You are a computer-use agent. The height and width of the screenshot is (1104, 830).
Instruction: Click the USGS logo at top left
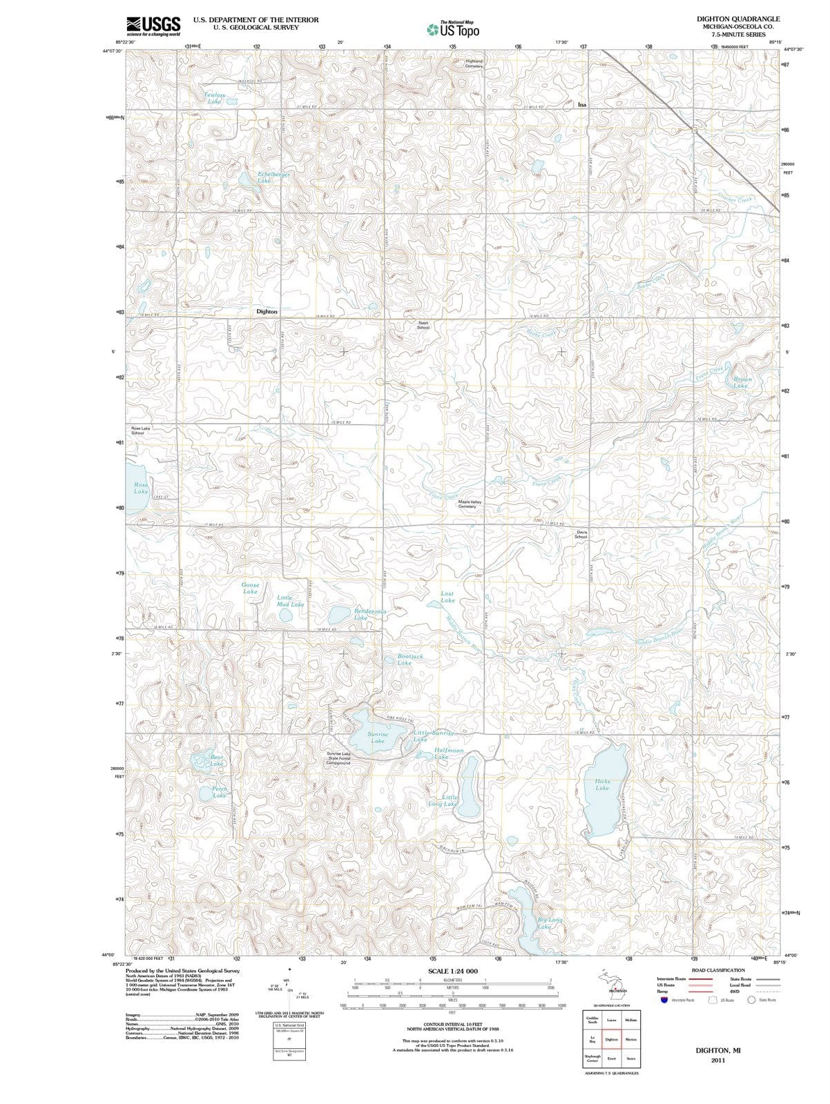point(153,26)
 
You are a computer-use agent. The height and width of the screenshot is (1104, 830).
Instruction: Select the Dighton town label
point(267,311)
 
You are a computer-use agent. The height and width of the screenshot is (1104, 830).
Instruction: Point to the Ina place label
point(581,105)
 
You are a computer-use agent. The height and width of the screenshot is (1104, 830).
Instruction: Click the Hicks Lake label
point(602,785)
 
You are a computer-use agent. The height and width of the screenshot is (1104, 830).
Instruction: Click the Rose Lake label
point(141,488)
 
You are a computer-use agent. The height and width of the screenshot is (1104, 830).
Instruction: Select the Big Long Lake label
point(550,923)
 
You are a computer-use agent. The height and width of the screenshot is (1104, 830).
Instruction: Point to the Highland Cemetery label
point(474,63)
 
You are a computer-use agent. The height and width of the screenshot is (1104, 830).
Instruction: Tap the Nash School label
point(423,325)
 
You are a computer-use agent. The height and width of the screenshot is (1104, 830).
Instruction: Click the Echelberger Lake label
point(273,177)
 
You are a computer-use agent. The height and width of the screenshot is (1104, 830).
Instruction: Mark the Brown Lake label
point(743,382)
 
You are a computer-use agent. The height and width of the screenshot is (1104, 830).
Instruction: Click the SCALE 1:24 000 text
point(452,970)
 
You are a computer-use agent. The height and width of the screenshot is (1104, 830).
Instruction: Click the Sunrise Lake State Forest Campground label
point(338,758)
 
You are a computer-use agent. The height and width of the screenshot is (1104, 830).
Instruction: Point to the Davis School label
point(581,535)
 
